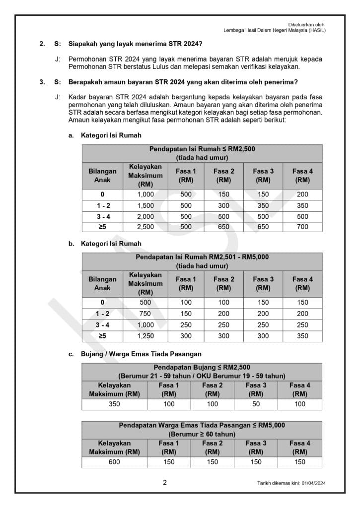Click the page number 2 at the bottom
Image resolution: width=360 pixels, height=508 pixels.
(x=165, y=482)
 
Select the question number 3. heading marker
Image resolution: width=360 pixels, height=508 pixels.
(x=42, y=82)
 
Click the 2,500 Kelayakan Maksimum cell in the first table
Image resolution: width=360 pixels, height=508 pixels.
(x=145, y=227)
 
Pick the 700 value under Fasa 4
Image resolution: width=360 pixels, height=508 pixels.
(x=302, y=227)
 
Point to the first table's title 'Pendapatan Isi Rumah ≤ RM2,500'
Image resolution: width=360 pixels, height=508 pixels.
(x=202, y=149)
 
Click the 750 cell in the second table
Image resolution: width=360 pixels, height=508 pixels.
(x=145, y=314)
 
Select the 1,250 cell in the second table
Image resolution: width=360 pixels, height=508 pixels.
(x=145, y=336)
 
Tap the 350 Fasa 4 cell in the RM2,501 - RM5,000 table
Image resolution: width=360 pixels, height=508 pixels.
(x=302, y=336)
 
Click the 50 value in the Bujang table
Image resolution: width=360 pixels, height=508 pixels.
(x=256, y=404)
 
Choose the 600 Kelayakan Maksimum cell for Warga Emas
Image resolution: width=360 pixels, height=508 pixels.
(x=114, y=462)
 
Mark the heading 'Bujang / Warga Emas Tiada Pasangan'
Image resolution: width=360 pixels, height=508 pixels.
(x=135, y=354)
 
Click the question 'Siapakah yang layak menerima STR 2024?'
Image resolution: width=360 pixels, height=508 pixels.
(x=136, y=44)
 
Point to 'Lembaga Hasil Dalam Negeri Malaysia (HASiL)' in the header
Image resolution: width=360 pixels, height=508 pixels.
(x=275, y=30)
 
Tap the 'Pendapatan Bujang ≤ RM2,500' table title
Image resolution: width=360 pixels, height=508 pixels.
(x=202, y=367)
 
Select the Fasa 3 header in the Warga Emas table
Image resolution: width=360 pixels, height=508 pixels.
(x=256, y=447)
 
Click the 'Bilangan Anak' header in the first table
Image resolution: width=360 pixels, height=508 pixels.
(x=102, y=176)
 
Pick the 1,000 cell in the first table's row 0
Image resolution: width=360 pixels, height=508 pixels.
(x=145, y=194)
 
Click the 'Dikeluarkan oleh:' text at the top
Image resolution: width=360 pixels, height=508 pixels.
(x=307, y=24)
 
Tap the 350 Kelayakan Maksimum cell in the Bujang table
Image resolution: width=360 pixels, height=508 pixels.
(x=114, y=404)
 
